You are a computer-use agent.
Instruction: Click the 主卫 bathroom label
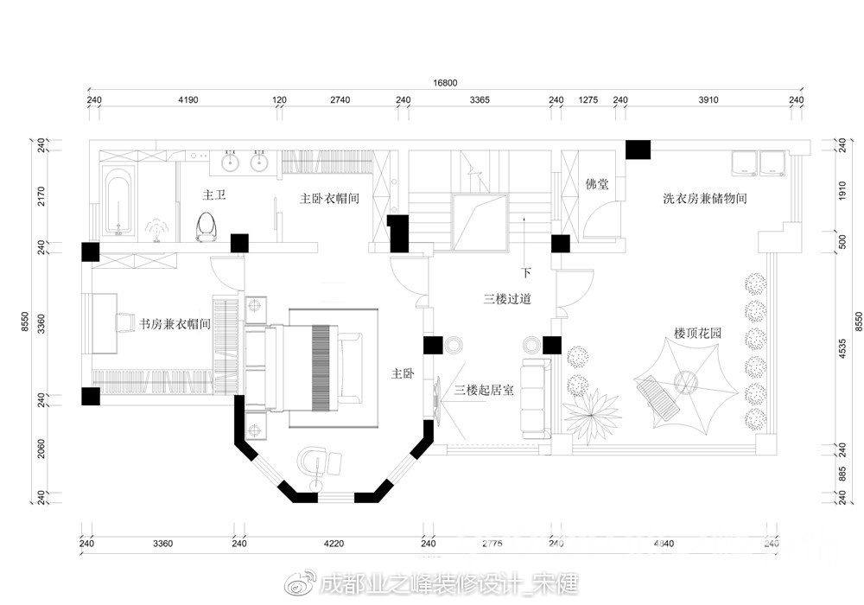(213, 196)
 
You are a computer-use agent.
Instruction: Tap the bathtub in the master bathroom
(118, 201)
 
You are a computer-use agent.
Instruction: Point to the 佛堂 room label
(597, 183)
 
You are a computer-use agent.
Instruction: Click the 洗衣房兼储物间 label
(704, 199)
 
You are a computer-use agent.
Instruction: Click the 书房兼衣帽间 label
(175, 324)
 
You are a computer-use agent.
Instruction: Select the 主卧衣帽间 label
(329, 198)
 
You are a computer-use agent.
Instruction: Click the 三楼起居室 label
(484, 391)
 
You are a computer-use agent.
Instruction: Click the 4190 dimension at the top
(187, 100)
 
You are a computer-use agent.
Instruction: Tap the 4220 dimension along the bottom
(334, 544)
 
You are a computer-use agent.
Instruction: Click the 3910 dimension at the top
(708, 100)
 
